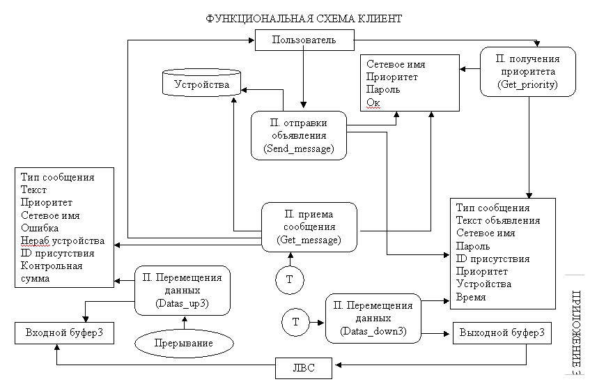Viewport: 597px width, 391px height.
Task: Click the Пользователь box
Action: [304, 40]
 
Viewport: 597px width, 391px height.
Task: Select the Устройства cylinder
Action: [201, 84]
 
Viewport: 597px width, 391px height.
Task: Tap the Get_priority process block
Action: [527, 72]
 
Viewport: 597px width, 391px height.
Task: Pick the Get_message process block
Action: [309, 227]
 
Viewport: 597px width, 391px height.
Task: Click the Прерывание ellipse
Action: [183, 344]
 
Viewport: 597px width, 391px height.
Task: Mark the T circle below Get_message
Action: [289, 279]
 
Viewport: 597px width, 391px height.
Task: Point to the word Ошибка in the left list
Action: [40, 228]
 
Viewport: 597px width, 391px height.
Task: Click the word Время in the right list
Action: [471, 297]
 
